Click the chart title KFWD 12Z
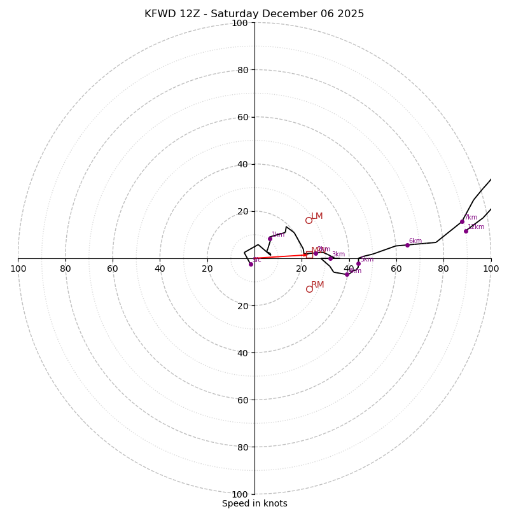click(x=254, y=14)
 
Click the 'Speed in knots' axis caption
click(x=254, y=503)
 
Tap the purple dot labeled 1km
click(x=270, y=239)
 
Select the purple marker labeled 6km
click(x=407, y=245)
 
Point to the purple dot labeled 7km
click(x=462, y=221)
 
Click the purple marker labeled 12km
click(x=466, y=231)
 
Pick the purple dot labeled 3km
click(x=330, y=258)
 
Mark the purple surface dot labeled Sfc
click(x=251, y=264)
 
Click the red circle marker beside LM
click(x=309, y=220)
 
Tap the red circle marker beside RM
click(x=309, y=289)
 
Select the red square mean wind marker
click(x=309, y=254)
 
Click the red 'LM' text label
click(x=317, y=216)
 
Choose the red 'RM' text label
click(x=317, y=285)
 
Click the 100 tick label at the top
click(x=239, y=24)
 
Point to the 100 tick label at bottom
click(x=239, y=494)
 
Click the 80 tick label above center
click(x=242, y=70)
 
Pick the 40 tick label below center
click(x=242, y=353)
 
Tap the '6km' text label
click(x=415, y=241)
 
